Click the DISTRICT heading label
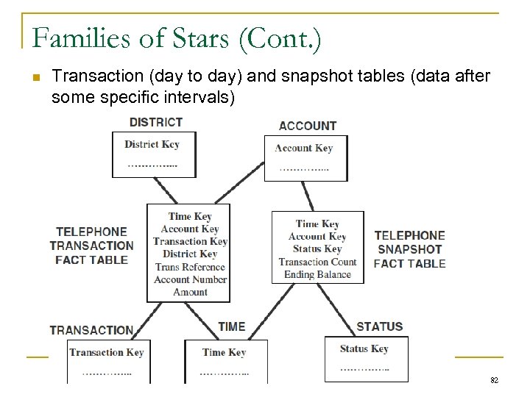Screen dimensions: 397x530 pos(155,121)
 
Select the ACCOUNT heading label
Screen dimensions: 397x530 pos(308,126)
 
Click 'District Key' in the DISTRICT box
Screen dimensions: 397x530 pos(152,144)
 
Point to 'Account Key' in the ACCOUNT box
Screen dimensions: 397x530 pos(303,148)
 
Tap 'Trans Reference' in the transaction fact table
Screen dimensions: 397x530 pos(191,267)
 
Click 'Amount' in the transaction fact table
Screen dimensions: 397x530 pos(191,292)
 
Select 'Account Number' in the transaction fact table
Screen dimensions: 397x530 pos(191,279)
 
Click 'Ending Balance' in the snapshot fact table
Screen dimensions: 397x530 pos(317,274)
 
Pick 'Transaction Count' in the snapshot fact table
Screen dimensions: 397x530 pos(317,262)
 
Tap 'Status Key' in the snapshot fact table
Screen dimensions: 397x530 pos(317,249)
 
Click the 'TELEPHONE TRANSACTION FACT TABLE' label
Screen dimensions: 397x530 pos(91,246)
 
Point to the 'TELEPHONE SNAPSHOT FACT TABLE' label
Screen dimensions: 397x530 pos(409,249)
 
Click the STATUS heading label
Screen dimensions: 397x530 pos(379,326)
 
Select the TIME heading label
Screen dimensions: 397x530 pos(232,326)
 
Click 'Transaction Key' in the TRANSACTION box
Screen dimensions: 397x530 pos(106,352)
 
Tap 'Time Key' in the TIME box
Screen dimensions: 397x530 pos(224,352)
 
